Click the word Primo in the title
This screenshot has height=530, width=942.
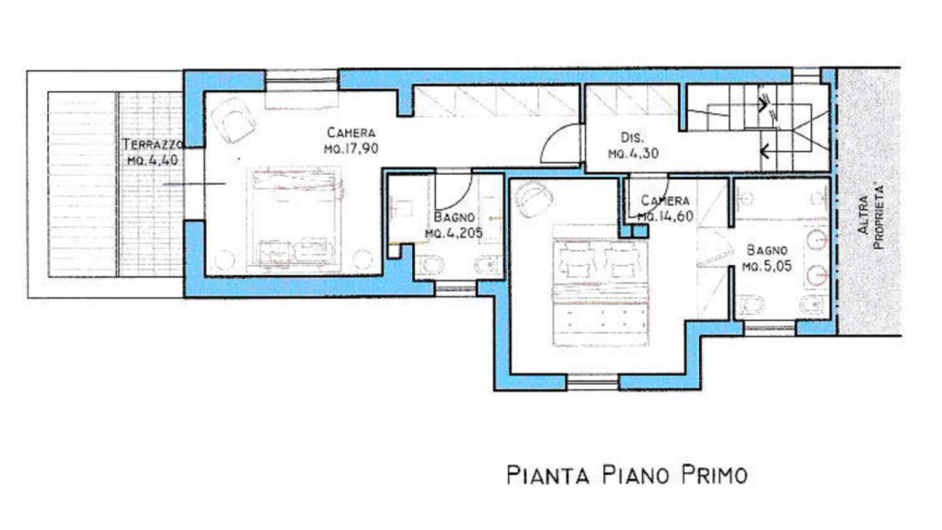pos(714,475)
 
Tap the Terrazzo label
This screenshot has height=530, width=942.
pos(153,144)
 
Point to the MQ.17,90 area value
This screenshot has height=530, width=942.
pos(351,148)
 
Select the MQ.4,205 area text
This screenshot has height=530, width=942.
pos(454,233)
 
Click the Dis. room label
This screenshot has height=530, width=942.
pos(632,138)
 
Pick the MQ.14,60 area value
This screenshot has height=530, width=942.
pos(666,215)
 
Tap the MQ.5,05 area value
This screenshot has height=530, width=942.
pos(767,266)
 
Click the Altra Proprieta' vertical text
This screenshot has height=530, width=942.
pos(870,216)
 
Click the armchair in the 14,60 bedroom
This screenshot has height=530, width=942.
pos(534,200)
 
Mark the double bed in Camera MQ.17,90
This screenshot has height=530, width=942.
pos(295,219)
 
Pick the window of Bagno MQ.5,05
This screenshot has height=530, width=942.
pos(770,328)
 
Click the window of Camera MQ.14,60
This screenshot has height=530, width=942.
pos(592,382)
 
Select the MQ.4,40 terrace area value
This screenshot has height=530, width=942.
pos(153,160)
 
